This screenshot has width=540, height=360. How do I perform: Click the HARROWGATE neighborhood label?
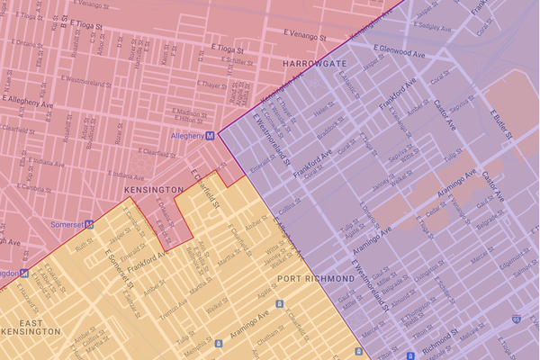315,65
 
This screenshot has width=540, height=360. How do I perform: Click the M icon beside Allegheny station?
210,136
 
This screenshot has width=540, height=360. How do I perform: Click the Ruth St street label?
85,244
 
